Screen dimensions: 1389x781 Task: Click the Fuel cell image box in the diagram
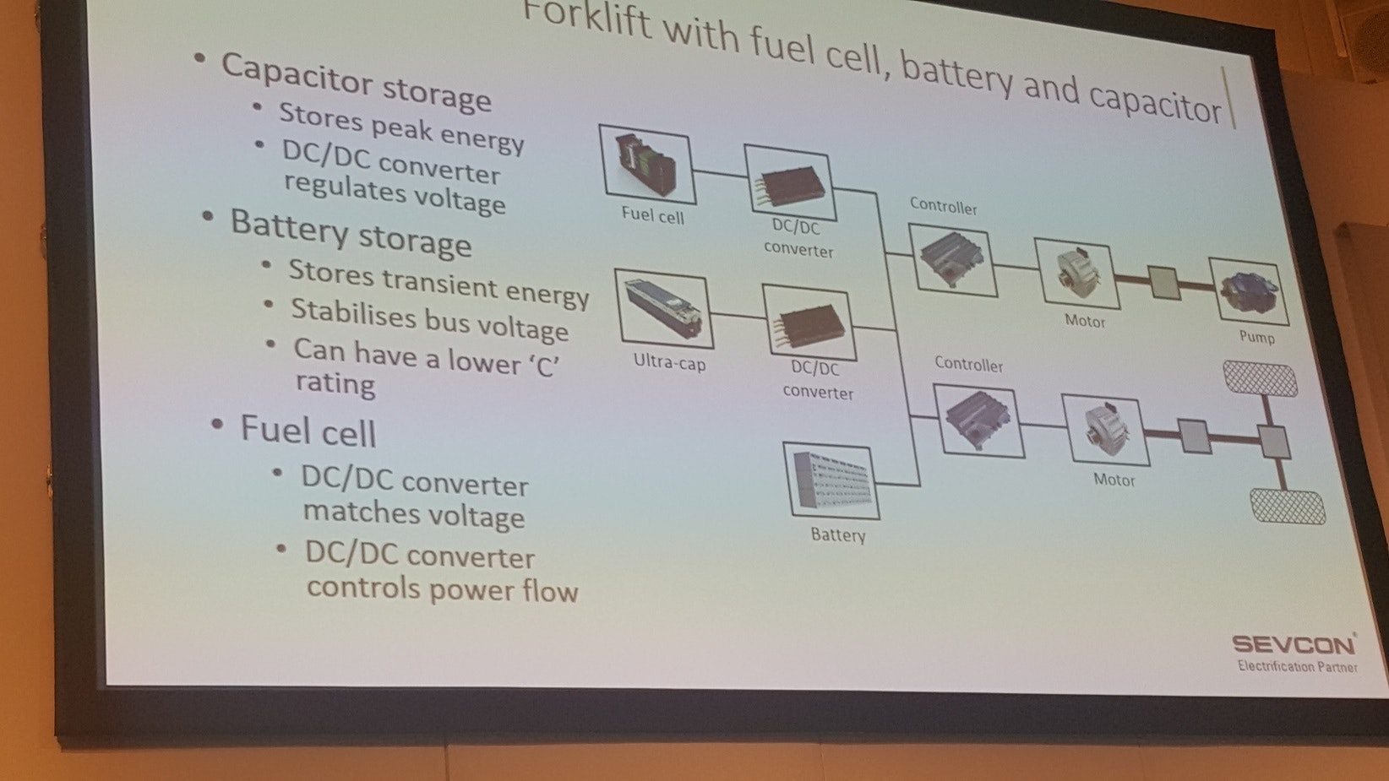tap(647, 165)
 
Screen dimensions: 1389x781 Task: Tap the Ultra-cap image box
tap(663, 309)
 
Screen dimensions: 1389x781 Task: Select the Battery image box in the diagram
tap(831, 480)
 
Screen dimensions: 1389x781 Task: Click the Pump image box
tap(1249, 291)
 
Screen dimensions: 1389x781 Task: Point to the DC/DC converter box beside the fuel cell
tap(790, 183)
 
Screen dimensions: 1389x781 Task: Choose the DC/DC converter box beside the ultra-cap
tap(809, 323)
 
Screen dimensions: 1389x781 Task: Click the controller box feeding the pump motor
tap(952, 260)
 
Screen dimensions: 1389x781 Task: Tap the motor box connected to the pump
tap(1077, 274)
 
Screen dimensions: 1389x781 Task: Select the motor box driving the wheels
tap(1106, 430)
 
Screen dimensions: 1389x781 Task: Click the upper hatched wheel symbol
tap(1260, 379)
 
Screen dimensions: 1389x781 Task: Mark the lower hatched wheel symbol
tap(1288, 507)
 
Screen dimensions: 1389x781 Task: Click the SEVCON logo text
tap(1294, 644)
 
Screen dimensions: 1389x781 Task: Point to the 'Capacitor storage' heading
tap(357, 83)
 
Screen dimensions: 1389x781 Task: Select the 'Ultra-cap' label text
tap(670, 361)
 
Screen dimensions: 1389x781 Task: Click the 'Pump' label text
tap(1257, 337)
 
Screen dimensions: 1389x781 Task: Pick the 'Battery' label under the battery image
tap(838, 534)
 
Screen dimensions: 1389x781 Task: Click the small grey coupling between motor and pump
tap(1163, 283)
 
